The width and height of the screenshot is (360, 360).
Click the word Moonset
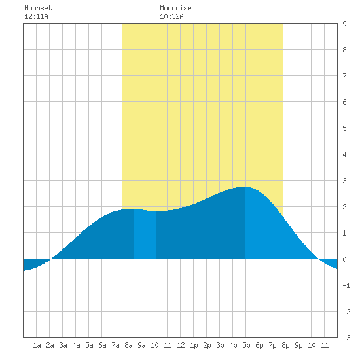coord(38,8)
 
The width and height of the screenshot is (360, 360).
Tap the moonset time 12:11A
coord(36,16)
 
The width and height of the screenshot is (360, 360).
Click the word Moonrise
coord(175,8)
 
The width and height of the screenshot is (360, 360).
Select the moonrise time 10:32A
coord(171,16)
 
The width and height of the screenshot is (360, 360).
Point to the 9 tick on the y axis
coord(344,24)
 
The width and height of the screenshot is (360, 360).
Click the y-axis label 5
coord(344,128)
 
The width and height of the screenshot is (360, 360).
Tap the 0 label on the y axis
coord(344,259)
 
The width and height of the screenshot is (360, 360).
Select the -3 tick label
coord(346,338)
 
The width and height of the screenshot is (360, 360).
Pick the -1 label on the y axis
coord(346,285)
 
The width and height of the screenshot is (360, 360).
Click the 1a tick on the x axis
coord(37,345)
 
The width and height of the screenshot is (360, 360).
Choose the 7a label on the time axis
coord(115,345)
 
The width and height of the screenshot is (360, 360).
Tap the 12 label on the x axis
coord(181,345)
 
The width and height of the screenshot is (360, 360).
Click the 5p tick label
coord(246,345)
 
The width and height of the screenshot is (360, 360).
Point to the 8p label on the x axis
coord(285,345)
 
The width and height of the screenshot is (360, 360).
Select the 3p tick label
coord(220,345)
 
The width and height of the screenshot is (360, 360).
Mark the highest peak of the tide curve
coord(245,187)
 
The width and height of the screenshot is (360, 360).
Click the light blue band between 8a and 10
coord(145,234)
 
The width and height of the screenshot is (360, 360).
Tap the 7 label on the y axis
coord(344,76)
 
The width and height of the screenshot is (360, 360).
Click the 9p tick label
coord(298,345)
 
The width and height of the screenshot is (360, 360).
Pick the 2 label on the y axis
coord(344,207)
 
